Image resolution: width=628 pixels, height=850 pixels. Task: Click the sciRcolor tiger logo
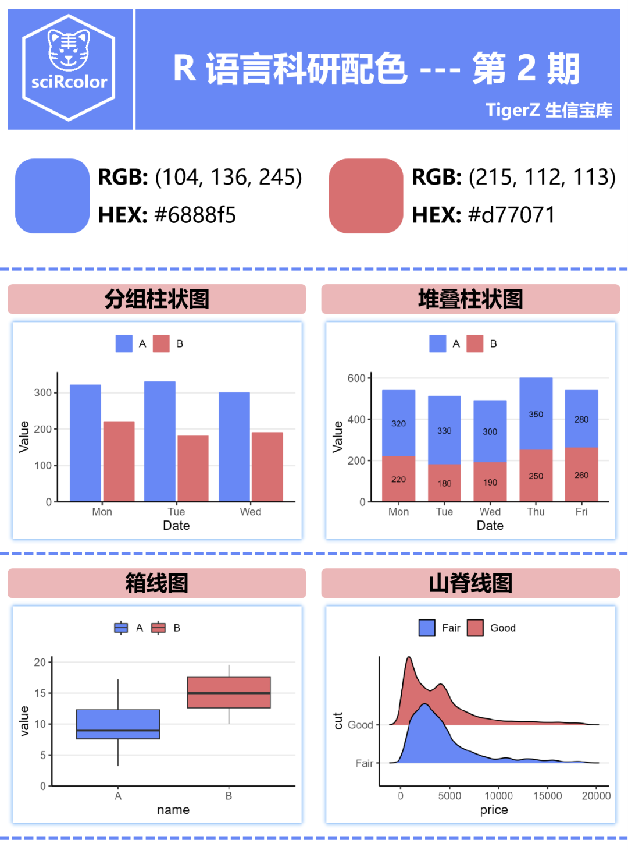tap(69, 68)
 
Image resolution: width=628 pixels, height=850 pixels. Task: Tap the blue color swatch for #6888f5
tap(52, 196)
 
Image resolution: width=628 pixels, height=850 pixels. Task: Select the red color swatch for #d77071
tap(366, 196)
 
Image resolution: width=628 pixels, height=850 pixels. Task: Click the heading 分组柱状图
tap(156, 299)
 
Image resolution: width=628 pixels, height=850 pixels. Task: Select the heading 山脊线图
tap(470, 583)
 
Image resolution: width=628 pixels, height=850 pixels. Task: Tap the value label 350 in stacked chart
tap(536, 415)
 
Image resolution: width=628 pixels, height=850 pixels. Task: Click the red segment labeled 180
tap(444, 483)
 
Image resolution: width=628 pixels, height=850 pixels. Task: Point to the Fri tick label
tap(581, 512)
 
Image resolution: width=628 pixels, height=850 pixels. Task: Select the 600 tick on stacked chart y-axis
tap(356, 378)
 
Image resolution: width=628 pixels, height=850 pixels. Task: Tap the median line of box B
tap(229, 693)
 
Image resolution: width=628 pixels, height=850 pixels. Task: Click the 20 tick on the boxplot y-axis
tap(40, 663)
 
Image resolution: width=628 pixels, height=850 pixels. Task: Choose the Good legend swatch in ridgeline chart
tap(475, 628)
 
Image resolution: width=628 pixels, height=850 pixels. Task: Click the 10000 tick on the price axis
tap(498, 796)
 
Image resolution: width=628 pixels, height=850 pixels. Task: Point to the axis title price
tap(494, 810)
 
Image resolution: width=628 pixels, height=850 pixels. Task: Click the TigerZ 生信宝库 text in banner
tap(548, 110)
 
